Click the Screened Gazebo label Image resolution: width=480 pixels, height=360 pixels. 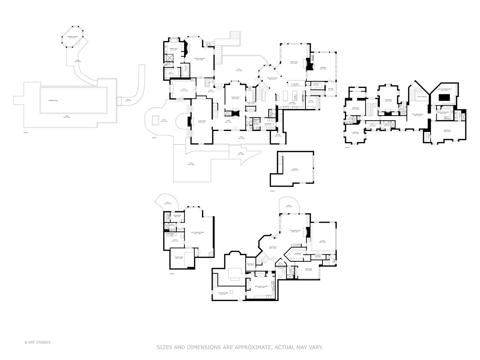(72, 37)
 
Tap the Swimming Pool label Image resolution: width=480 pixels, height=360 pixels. (53, 100)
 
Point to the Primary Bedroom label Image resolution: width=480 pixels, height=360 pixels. (199, 59)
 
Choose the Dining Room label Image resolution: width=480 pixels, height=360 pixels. (235, 98)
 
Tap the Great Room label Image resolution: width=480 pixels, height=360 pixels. (294, 62)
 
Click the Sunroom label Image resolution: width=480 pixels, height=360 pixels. (323, 68)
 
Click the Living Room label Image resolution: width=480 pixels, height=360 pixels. (202, 121)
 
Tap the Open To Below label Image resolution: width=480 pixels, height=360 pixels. (422, 97)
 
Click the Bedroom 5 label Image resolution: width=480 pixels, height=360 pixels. (388, 100)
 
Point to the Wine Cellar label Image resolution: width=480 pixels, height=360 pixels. (251, 264)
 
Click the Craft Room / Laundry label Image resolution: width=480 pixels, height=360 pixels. (261, 287)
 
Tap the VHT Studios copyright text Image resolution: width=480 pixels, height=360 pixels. (37, 342)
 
